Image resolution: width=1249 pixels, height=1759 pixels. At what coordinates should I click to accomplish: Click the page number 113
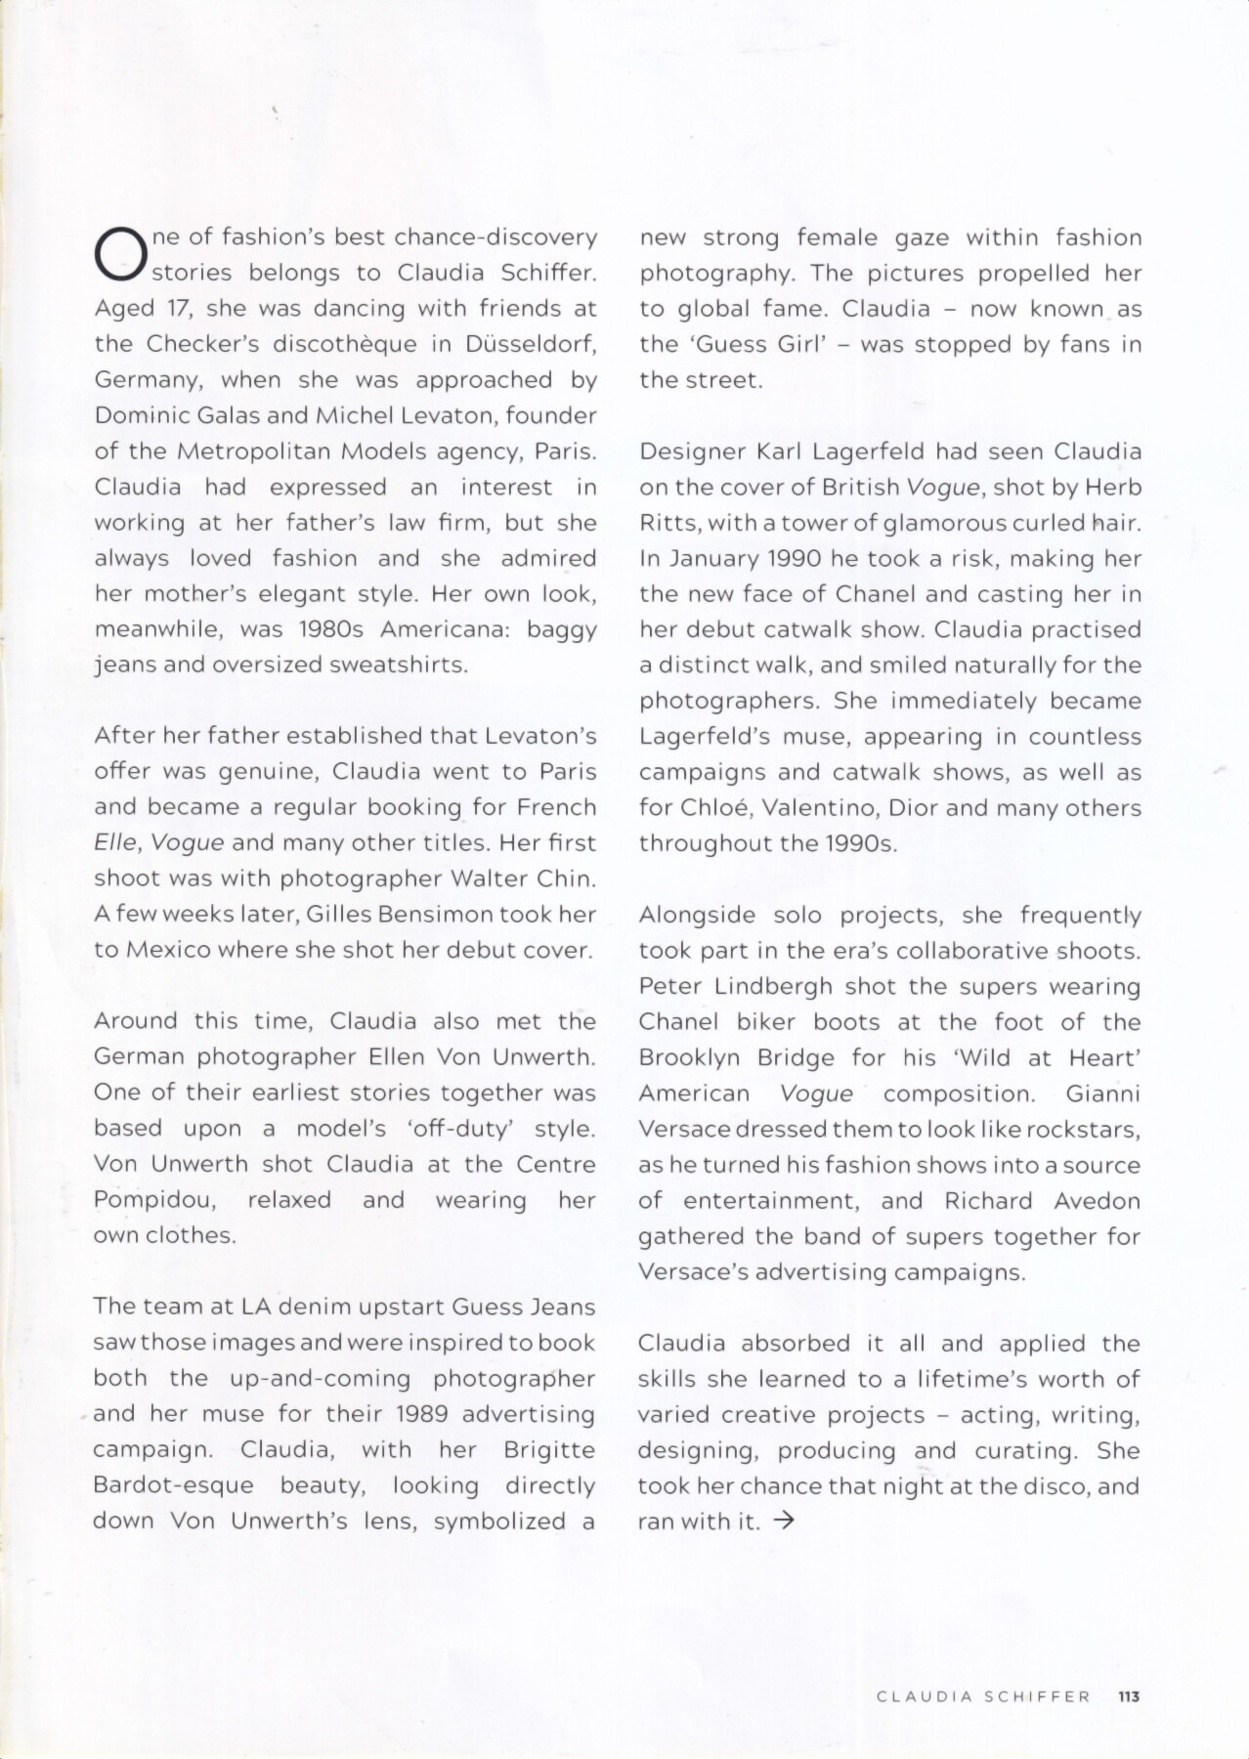click(x=1129, y=1696)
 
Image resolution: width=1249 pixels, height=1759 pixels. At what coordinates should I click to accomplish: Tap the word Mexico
click(x=167, y=950)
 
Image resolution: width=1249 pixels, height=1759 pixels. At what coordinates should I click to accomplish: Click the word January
click(x=710, y=559)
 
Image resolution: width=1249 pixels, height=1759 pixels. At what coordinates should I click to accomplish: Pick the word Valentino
click(x=826, y=808)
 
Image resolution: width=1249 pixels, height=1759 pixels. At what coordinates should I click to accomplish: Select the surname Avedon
click(x=1098, y=1201)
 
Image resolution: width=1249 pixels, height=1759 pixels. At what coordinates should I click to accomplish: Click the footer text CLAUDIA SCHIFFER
click(x=983, y=1696)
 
